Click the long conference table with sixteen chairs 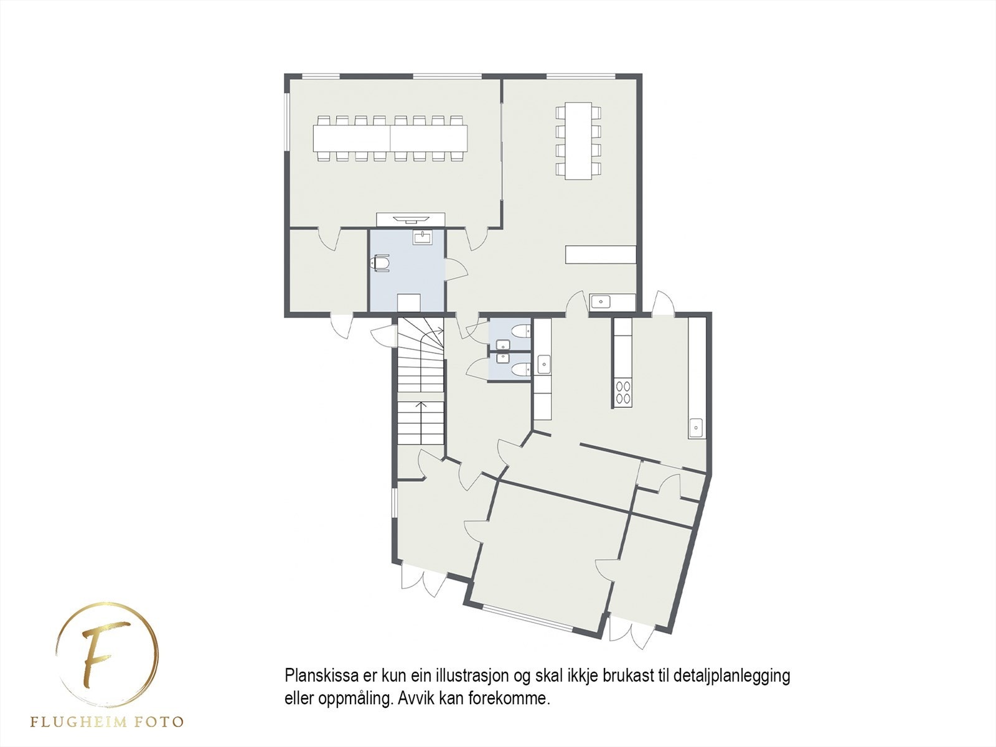[390, 138]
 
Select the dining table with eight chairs [578, 141]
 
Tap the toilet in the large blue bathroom [380, 263]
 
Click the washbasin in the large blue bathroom [423, 237]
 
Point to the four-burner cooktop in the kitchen [622, 392]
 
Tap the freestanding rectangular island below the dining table [600, 254]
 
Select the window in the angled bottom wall [529, 618]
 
